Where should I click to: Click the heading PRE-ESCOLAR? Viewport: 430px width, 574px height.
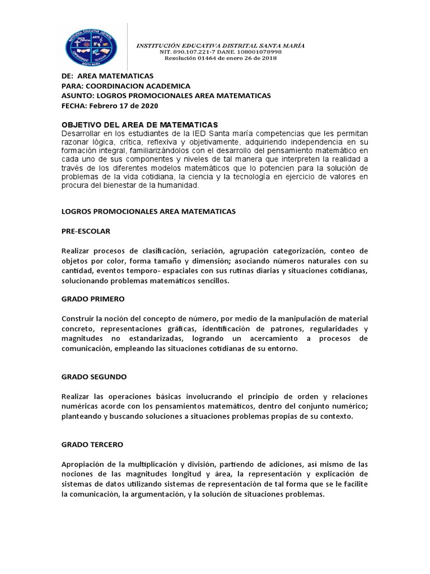(86, 230)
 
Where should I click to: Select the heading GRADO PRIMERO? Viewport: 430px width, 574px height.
(93, 299)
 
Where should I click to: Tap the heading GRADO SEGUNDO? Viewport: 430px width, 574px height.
(94, 376)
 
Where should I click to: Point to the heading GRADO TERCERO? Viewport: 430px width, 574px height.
(92, 445)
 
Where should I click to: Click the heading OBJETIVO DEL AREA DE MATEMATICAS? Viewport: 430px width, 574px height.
(139, 124)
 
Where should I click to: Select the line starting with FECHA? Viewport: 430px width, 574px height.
(110, 105)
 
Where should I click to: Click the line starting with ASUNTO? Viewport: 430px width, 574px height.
(166, 96)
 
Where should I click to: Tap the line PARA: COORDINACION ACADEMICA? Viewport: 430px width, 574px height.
(125, 86)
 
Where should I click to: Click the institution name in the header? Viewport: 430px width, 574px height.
(221, 45)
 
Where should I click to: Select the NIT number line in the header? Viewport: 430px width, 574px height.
(221, 52)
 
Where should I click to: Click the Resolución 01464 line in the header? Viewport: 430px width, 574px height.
(221, 58)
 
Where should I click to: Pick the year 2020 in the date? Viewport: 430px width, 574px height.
(150, 105)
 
